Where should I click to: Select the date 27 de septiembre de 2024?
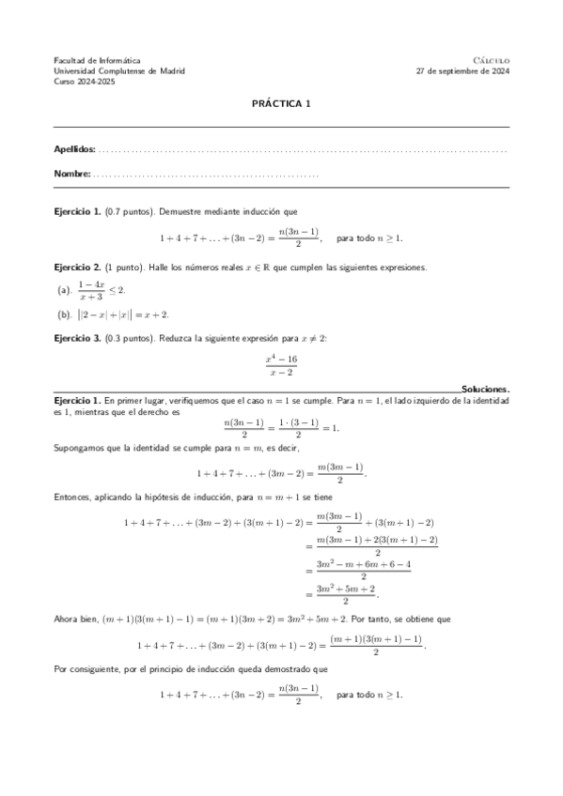[461, 70]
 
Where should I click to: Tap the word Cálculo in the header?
[491, 60]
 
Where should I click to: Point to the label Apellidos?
[74, 149]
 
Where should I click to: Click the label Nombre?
[71, 174]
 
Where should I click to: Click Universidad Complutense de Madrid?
[119, 70]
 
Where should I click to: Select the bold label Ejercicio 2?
[77, 268]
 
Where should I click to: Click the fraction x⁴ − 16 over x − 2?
[281, 365]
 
